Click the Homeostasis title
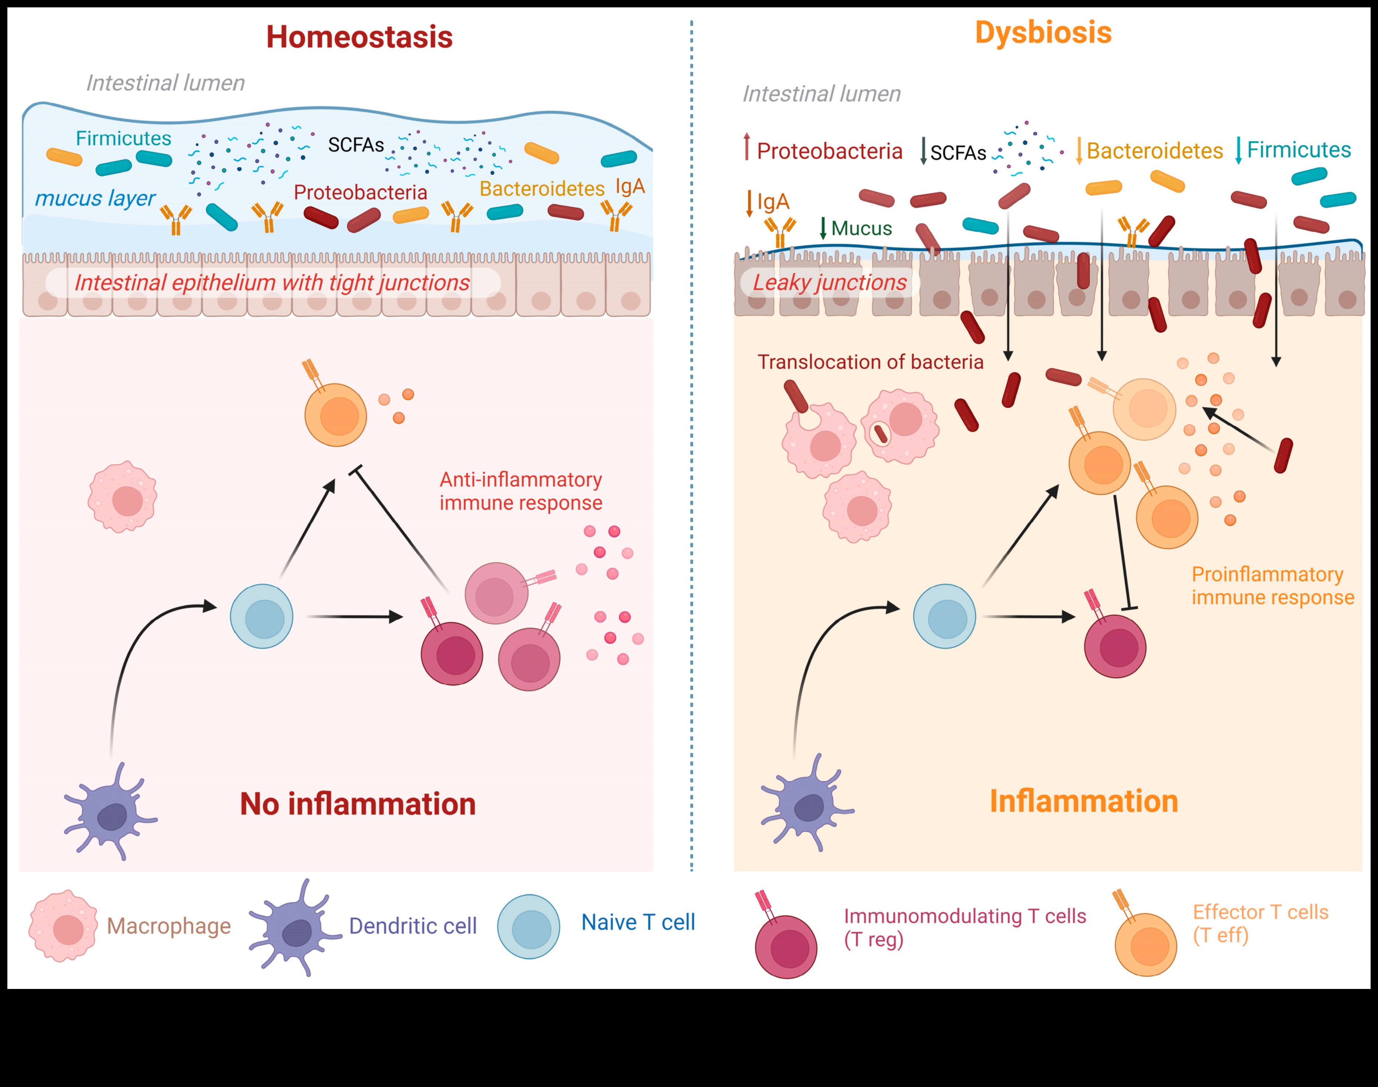[359, 37]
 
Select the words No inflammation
[358, 804]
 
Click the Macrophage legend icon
[63, 926]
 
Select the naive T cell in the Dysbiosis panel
[945, 616]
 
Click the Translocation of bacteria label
[870, 362]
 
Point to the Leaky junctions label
[829, 283]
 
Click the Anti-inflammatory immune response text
[521, 491]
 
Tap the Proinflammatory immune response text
[1272, 585]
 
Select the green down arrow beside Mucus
[823, 228]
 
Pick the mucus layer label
[95, 199]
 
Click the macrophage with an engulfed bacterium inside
[899, 425]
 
